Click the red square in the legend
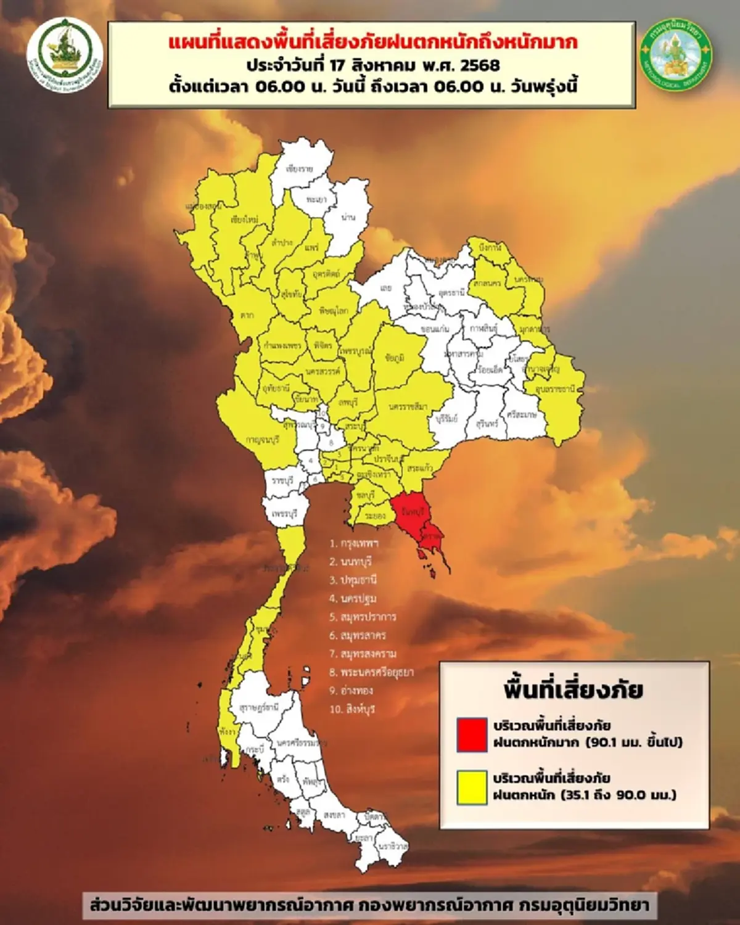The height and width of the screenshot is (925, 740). pos(472,734)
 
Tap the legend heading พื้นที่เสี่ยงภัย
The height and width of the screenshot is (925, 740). pos(573,689)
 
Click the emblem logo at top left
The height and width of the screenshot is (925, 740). pos(65,54)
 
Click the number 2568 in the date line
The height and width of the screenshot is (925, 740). pos(479,65)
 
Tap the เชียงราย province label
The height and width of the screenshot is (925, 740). pos(300,168)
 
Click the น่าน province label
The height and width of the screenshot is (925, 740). pos(348,217)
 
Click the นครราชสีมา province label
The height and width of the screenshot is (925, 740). pos(408,406)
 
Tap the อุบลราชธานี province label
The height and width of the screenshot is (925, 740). pos(555,389)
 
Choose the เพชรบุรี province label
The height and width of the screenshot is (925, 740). pos(284,512)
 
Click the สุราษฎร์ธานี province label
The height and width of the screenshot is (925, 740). pos(259,707)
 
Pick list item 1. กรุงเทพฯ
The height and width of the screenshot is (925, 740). pos(353,543)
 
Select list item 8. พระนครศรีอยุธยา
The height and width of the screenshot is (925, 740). pos(371,672)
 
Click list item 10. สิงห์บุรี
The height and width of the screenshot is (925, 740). pos(352,709)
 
